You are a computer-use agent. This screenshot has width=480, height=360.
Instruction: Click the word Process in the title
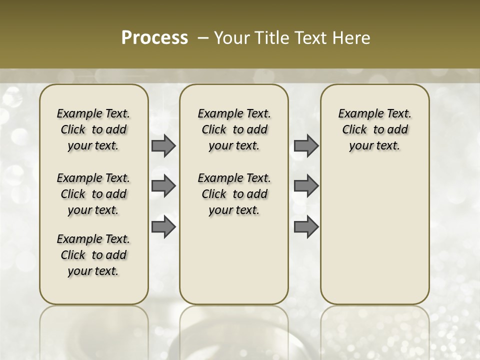[x=154, y=37]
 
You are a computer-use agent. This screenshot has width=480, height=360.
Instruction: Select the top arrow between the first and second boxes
[x=163, y=146]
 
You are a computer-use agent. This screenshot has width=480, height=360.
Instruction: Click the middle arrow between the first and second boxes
[x=163, y=186]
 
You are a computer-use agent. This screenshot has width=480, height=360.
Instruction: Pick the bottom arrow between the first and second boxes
[x=163, y=226]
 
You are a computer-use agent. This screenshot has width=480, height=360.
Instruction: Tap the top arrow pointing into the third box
[x=306, y=146]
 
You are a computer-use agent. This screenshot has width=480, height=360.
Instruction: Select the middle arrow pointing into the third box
[x=306, y=186]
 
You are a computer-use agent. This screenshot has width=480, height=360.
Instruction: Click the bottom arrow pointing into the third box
[x=306, y=226]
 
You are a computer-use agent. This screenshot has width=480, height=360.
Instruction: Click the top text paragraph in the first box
[x=93, y=129]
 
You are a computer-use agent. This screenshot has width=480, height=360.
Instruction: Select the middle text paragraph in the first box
[x=93, y=194]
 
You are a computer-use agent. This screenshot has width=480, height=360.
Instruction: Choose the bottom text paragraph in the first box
[x=93, y=255]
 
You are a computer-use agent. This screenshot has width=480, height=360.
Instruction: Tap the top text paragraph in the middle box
[x=234, y=129]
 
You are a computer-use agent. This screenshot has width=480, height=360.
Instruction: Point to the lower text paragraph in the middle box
[x=234, y=194]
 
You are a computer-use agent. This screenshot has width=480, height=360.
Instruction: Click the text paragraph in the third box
[x=374, y=129]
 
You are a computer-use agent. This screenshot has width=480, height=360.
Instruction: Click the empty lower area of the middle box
[x=234, y=260]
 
